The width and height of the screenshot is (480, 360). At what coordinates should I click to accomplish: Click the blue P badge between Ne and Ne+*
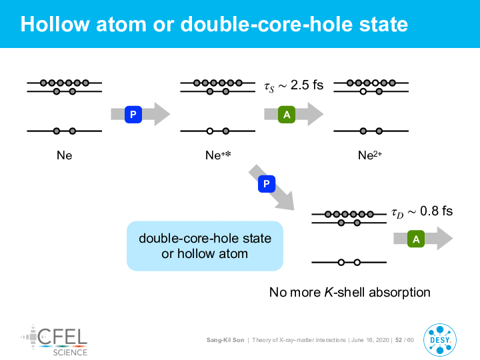[x=133, y=115]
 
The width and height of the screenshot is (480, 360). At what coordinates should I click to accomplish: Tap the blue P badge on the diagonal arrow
[x=267, y=184]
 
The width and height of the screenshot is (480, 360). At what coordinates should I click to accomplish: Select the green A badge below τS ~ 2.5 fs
[x=287, y=115]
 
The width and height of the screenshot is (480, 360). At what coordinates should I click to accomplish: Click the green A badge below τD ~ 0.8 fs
[x=416, y=239]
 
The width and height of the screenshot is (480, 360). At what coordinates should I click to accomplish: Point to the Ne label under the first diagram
[x=64, y=155]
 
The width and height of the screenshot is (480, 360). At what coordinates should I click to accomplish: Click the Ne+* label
[x=218, y=155]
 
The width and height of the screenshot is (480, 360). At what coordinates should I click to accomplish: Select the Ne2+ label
[x=370, y=155]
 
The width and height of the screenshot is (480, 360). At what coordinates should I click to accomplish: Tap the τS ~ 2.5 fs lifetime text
[x=294, y=85]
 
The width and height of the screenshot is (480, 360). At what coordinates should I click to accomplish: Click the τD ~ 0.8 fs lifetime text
[x=422, y=211]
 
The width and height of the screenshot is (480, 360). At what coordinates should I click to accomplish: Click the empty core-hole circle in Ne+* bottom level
[x=210, y=131]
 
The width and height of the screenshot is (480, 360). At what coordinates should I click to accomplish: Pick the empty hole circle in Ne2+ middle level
[x=363, y=91]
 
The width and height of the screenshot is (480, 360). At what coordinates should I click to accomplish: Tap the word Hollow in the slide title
[x=55, y=24]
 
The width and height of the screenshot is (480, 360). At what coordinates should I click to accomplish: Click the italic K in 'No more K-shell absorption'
[x=329, y=293]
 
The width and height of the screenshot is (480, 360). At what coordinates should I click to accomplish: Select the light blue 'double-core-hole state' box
[x=205, y=246]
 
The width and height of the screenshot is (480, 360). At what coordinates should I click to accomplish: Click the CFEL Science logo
[x=54, y=341]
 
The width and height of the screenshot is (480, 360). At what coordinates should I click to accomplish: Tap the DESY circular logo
[x=440, y=340]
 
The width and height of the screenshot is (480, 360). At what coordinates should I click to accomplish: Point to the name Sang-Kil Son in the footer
[x=225, y=340]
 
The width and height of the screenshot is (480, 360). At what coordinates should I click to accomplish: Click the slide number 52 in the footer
[x=399, y=340]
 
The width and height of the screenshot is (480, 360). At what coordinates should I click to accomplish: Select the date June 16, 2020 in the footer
[x=370, y=340]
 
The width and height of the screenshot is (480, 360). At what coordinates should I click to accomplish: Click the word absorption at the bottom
[x=399, y=293]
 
